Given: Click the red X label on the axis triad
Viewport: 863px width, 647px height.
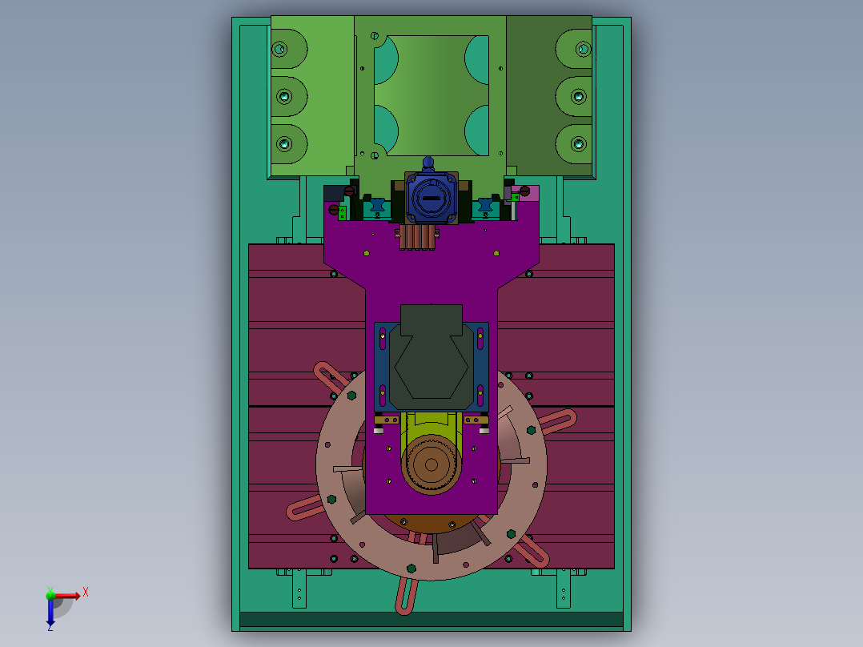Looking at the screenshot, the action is coord(86,593).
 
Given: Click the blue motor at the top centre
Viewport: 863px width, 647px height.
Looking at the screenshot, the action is coord(431,197).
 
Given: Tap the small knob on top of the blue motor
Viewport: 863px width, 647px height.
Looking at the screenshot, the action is coord(428,163).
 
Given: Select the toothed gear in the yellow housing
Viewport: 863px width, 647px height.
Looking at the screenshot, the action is coord(431,465).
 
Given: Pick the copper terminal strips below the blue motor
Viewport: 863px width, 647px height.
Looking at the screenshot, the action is coord(417,237).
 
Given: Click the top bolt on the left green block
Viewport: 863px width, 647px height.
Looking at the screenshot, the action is coord(279,49).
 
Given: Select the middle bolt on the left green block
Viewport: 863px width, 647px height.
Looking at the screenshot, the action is coord(284,97).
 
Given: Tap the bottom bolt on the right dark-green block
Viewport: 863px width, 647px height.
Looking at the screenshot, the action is coord(579,144).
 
